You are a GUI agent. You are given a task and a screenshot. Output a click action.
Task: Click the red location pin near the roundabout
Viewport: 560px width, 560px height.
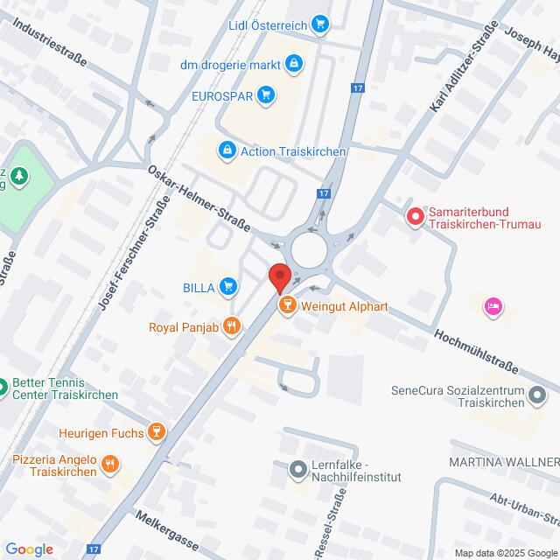tap(279, 276)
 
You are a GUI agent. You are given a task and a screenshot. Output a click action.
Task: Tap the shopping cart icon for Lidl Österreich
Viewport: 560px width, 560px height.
tap(321, 24)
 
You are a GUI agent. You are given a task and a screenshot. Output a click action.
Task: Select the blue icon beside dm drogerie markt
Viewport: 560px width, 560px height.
tap(294, 63)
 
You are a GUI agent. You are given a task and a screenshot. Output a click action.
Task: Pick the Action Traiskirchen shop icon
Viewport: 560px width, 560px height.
tap(227, 151)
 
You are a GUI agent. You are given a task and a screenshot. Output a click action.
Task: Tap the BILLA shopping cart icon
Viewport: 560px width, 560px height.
tap(228, 285)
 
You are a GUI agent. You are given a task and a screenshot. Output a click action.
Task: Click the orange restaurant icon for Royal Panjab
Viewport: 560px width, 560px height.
tap(231, 327)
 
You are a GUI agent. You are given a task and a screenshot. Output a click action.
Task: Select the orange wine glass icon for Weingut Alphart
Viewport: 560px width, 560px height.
tap(285, 305)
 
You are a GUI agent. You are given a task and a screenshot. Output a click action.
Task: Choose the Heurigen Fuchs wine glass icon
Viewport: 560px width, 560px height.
tap(156, 431)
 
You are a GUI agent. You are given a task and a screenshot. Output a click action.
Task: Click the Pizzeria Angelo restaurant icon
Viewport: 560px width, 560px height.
tap(110, 464)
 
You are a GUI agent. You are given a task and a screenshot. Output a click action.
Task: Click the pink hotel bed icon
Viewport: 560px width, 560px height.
tap(493, 305)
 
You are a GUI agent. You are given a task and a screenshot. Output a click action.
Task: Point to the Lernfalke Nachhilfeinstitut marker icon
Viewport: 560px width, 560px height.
tap(297, 470)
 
